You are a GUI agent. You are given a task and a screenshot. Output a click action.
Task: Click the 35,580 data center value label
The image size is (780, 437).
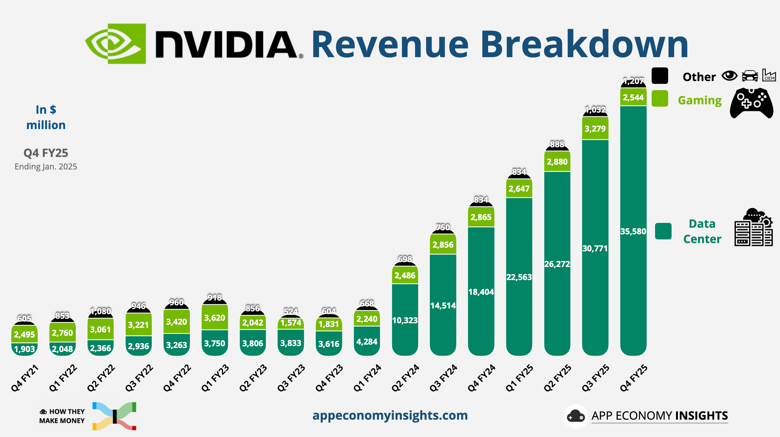tap(633, 231)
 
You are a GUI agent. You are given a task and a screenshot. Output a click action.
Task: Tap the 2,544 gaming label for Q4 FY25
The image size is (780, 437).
tap(633, 98)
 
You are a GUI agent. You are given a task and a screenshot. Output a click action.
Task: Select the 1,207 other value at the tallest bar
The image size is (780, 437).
tap(633, 81)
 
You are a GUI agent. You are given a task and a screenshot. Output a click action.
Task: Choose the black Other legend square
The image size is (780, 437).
tap(660, 76)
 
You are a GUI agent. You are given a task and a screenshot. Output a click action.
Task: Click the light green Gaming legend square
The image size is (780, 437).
tap(660, 98)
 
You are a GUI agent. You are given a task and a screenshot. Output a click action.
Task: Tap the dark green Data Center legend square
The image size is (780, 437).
tap(663, 231)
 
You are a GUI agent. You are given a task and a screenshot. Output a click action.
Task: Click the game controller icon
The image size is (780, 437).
tap(751, 103)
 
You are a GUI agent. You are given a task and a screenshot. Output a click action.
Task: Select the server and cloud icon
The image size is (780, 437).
tap(753, 227)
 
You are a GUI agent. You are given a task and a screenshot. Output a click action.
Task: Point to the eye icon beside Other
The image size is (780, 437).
tap(729, 76)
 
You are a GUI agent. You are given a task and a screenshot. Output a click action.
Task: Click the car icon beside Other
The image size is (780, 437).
tap(750, 76)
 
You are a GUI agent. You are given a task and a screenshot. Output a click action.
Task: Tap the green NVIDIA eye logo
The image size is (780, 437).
tap(115, 44)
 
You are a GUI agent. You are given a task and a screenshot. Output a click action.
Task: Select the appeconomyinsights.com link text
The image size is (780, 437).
tap(390, 415)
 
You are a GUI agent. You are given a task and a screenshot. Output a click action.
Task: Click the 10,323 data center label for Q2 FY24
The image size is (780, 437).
tap(405, 320)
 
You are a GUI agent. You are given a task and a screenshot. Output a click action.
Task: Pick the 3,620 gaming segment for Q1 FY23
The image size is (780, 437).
tap(215, 318)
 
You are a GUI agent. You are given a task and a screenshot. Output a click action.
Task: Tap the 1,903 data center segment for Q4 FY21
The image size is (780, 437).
tap(24, 349)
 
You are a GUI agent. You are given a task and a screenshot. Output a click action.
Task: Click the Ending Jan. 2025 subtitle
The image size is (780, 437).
tap(46, 167)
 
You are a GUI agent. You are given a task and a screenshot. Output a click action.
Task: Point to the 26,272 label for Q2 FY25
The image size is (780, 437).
tap(557, 264)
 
